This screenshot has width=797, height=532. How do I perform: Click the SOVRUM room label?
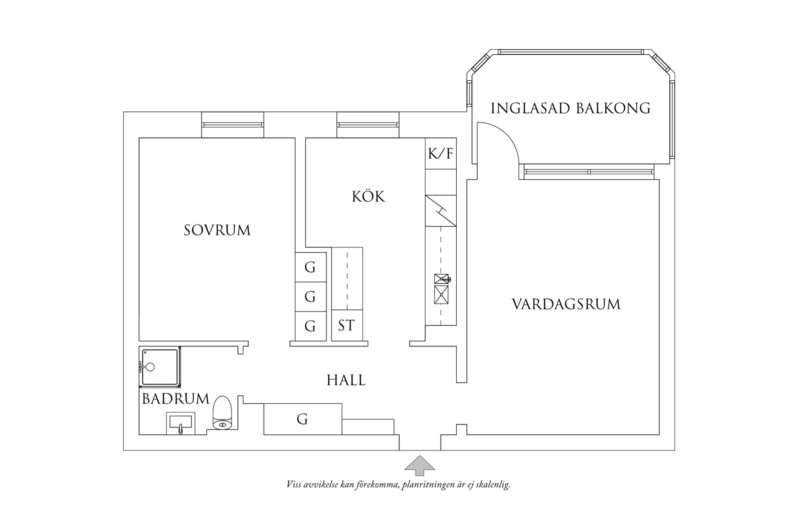tap(217, 230)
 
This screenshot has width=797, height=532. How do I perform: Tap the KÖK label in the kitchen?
tap(368, 197)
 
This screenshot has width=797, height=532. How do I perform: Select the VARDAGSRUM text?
tap(566, 305)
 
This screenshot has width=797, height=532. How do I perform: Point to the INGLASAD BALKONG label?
tap(570, 108)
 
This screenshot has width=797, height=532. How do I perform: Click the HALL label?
tap(346, 381)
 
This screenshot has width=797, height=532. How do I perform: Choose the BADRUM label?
tap(176, 399)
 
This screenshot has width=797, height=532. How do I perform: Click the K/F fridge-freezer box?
tap(441, 154)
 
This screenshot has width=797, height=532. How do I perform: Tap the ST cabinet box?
tap(347, 325)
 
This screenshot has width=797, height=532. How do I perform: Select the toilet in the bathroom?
tap(222, 413)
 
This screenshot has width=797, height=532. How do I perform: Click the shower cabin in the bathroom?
tap(160, 367)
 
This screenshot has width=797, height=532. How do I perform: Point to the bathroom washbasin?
tap(180, 422)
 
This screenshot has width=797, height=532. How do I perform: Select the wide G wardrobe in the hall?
tap(302, 419)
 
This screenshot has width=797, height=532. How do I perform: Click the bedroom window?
tap(232, 125)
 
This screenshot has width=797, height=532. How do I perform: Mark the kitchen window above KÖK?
tap(368, 125)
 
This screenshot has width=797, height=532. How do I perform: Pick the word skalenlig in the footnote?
tap(491, 485)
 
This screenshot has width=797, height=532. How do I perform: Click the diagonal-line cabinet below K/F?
tap(441, 211)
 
